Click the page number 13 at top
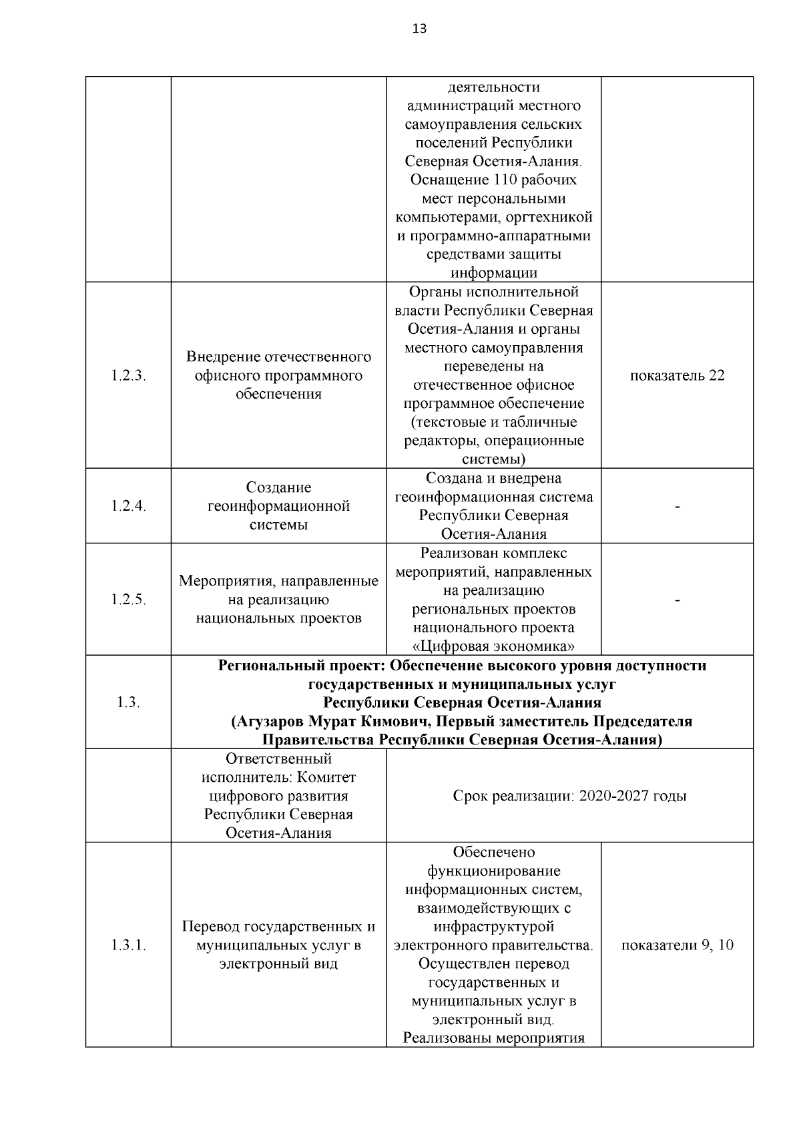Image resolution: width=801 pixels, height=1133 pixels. point(419,29)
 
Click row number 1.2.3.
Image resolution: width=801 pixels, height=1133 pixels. point(128,375)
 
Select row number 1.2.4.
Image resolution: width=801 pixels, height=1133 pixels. point(128,506)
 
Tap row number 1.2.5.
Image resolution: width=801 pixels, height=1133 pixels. point(128,600)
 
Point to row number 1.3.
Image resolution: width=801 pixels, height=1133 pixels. point(128,702)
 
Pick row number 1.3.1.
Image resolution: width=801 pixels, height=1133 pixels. point(128,945)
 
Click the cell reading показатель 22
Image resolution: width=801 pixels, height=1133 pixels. point(677,375)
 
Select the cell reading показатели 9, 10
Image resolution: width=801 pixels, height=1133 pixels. point(677,945)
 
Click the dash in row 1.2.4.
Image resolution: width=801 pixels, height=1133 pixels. point(678,507)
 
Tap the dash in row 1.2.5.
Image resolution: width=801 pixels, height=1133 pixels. point(678,601)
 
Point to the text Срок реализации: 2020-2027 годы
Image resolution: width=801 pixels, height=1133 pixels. point(569,796)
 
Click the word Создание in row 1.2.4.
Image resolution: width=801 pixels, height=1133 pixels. point(278,487)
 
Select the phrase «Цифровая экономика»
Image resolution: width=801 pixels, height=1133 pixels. point(494,646)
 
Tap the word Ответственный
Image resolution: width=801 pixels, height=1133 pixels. point(278,759)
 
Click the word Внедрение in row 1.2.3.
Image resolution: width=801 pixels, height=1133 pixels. point(223,357)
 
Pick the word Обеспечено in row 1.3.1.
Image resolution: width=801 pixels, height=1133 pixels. point(494,853)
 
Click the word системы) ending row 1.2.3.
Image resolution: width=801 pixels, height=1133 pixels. point(494,459)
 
